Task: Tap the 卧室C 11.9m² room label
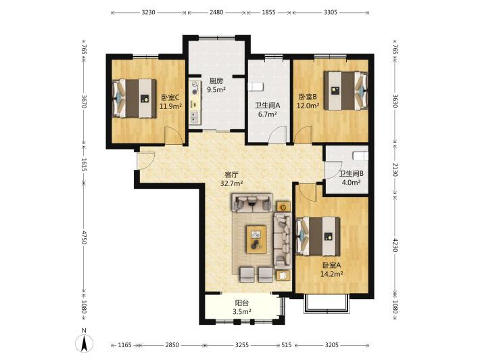click(170, 102)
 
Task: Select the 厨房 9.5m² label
click(216, 85)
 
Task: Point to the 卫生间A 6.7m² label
click(268, 110)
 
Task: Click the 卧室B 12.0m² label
click(308, 102)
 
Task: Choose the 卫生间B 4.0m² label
click(351, 178)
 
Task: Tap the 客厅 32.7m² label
click(231, 179)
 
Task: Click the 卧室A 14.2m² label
click(331, 269)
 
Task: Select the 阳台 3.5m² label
click(242, 307)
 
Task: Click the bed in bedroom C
click(135, 99)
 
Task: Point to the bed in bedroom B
click(346, 91)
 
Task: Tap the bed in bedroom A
click(318, 237)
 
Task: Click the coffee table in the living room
click(256, 240)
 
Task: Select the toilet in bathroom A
click(255, 87)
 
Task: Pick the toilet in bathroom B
click(360, 156)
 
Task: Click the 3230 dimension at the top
click(149, 13)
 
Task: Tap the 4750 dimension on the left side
click(85, 238)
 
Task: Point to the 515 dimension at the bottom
click(287, 345)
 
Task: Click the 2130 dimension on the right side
click(395, 169)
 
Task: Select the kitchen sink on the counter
click(195, 116)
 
